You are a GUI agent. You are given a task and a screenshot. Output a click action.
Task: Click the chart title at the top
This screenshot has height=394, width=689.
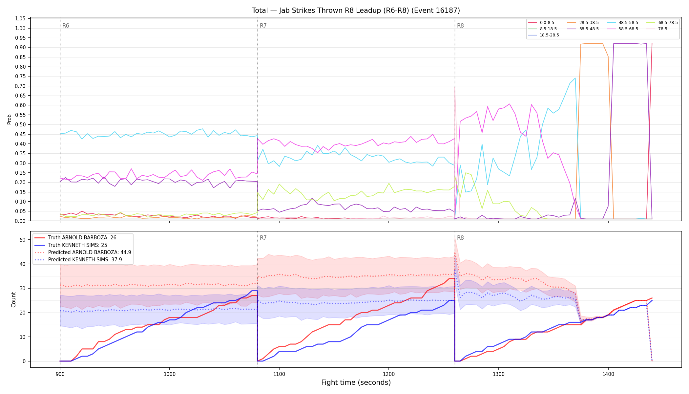point(356,11)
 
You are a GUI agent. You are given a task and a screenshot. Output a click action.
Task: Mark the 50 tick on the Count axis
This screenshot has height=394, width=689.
point(23,240)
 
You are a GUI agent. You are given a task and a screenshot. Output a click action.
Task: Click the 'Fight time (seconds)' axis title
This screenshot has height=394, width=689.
point(356,383)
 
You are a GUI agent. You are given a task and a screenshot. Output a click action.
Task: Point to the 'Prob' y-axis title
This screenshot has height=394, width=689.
point(10,119)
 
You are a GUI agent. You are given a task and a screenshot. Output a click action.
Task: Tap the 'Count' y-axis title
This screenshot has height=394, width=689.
point(13,299)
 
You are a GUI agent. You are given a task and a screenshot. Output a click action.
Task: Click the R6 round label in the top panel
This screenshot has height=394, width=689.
point(66,26)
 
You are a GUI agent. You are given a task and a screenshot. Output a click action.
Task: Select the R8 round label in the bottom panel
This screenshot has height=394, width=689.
point(460,238)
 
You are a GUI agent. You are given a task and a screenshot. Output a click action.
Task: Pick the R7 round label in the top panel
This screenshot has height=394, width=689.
point(263,26)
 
